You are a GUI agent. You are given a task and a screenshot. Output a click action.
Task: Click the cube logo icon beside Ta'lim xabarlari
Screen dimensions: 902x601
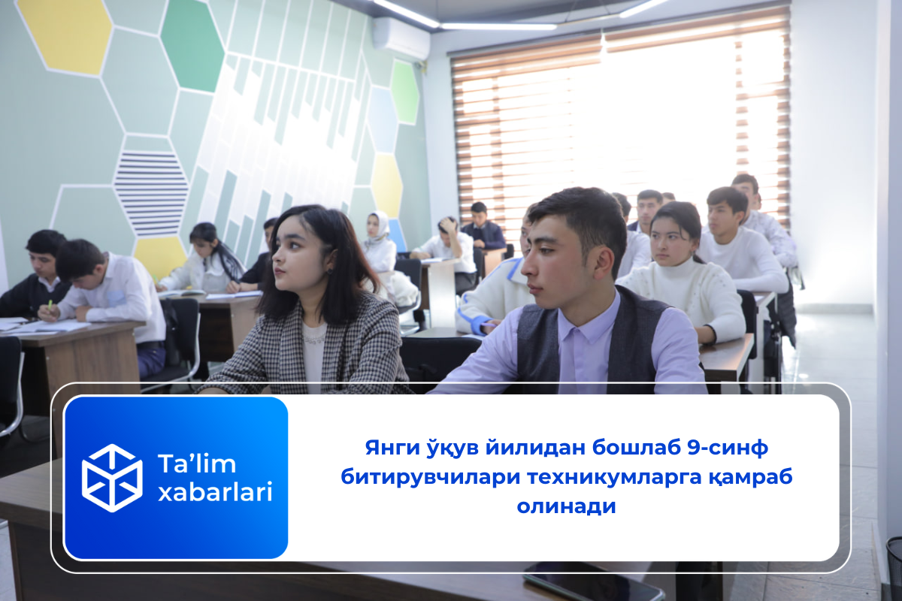tap(112, 478)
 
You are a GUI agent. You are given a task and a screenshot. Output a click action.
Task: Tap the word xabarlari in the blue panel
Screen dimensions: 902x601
tap(215, 492)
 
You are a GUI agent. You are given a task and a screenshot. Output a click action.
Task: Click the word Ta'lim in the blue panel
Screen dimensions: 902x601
tap(196, 464)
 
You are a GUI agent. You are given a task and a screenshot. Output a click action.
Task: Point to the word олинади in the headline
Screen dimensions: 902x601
tap(566, 506)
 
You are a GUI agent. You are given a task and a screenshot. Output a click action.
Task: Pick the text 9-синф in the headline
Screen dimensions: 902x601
tap(728, 448)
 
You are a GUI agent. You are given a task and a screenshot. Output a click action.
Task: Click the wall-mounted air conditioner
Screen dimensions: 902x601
tap(401, 38)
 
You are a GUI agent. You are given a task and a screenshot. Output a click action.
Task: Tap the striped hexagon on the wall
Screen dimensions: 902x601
tap(151, 193)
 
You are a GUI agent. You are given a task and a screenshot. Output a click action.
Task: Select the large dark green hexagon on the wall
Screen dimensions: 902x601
tap(192, 45)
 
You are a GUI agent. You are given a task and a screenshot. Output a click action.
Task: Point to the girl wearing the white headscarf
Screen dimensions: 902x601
tap(379, 246)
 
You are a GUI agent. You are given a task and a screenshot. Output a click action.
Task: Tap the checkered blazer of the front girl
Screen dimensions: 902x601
tap(306, 346)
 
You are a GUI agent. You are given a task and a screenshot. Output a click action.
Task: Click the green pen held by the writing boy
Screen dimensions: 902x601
tap(50, 305)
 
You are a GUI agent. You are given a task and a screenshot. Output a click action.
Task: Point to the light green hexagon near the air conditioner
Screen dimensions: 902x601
tap(404, 92)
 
